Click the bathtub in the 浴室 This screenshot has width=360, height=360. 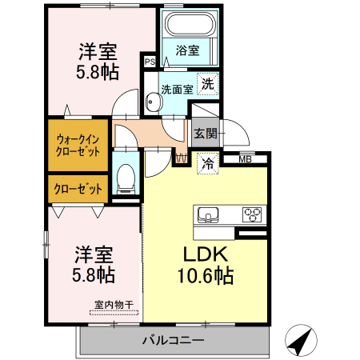[x=190, y=23]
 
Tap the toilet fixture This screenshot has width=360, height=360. [x=126, y=179]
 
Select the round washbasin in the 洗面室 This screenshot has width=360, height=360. [x=154, y=102]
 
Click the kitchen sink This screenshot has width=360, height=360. [x=208, y=215]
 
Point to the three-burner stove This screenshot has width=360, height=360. [x=252, y=214]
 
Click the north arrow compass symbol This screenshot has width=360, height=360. [x=301, y=340]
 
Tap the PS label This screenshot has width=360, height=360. [x=150, y=62]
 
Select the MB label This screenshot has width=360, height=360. [x=245, y=159]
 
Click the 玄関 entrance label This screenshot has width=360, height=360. [x=206, y=133]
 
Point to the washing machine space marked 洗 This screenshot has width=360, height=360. [x=208, y=84]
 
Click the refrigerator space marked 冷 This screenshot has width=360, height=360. [x=208, y=163]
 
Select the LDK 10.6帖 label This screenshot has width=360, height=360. [x=206, y=265]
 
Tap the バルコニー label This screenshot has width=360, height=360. [x=173, y=340]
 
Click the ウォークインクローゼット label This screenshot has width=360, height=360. [x=78, y=146]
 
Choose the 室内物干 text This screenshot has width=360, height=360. [x=114, y=305]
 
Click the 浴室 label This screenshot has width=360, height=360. [x=187, y=50]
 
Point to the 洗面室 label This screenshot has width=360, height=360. [x=177, y=90]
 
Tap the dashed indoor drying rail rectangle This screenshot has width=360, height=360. [x=114, y=313]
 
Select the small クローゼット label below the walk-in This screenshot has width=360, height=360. [x=78, y=189]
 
